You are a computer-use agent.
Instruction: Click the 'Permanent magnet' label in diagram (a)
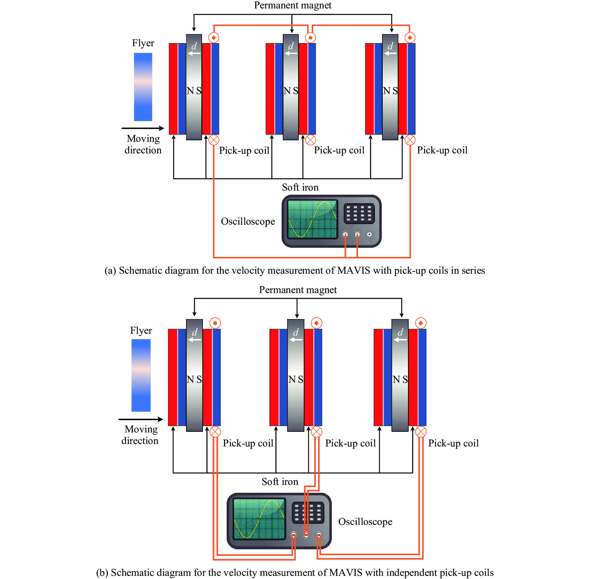point(293,5)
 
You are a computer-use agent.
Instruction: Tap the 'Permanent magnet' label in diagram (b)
point(298,290)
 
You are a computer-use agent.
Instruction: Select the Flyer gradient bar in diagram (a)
point(143,87)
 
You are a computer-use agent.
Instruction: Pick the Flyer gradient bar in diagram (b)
point(141,375)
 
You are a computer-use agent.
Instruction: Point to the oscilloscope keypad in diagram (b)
point(308,512)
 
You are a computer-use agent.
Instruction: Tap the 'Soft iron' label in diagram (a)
point(300,187)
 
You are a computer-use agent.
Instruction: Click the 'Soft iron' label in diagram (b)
point(280,482)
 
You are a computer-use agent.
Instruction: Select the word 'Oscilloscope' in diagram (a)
point(248,221)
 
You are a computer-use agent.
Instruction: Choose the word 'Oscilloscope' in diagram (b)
point(365,522)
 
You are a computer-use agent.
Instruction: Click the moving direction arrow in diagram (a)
point(143,128)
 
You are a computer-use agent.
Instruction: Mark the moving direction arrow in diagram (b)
point(140,419)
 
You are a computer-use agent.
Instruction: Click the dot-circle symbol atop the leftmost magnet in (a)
point(214,38)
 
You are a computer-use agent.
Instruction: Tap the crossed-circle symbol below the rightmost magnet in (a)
point(410,140)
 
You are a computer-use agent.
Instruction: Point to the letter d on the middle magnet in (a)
point(291,46)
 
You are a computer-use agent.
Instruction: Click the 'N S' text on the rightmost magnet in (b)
point(400,379)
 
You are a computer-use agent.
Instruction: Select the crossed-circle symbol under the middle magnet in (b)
point(317,432)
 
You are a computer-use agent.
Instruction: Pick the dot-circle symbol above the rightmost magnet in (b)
point(421,323)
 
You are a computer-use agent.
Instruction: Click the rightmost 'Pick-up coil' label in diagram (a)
point(442,150)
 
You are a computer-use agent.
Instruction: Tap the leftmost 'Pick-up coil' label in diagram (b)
point(248,443)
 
